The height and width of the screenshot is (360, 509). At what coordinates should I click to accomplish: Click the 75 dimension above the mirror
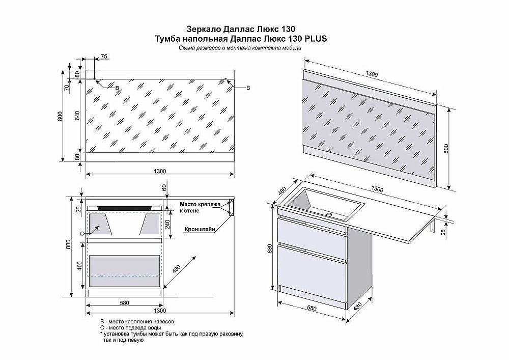104,57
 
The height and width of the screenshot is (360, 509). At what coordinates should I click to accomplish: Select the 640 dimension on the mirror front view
77,115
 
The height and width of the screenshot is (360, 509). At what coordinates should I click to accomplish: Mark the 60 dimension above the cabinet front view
164,188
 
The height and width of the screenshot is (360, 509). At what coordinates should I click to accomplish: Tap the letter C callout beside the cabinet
82,233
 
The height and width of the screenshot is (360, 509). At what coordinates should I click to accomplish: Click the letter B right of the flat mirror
248,88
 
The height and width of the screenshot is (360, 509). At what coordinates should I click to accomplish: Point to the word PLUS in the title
315,38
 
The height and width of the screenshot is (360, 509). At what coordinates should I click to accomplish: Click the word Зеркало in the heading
200,29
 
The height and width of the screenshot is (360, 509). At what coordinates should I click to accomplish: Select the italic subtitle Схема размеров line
240,47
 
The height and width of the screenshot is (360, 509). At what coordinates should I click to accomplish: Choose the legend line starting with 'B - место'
137,322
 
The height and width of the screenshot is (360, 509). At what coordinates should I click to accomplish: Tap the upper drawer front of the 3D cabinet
312,232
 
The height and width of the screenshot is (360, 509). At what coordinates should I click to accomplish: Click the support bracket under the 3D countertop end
433,226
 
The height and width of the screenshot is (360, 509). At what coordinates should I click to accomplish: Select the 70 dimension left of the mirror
67,88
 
